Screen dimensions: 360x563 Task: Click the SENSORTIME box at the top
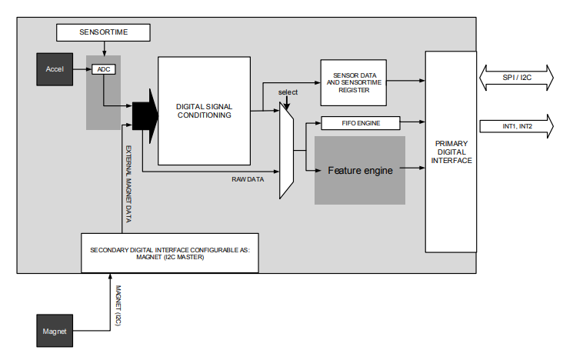[103, 32]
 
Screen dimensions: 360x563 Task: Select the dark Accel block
[55, 69]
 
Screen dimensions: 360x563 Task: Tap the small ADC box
[102, 69]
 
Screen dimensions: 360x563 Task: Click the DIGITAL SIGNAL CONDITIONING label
[204, 111]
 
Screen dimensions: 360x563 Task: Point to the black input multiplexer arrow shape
[144, 115]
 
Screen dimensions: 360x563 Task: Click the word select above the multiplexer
[288, 92]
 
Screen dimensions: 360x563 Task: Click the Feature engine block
[360, 170]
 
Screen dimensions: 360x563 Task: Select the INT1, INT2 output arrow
[515, 125]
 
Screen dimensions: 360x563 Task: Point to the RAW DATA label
[248, 178]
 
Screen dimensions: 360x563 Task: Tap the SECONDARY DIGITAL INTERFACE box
[170, 252]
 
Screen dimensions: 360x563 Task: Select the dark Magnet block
[55, 331]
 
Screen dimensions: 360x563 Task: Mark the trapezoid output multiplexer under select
[286, 150]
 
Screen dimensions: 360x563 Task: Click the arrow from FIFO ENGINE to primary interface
[413, 122]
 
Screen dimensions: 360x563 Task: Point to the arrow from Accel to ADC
[82, 69]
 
